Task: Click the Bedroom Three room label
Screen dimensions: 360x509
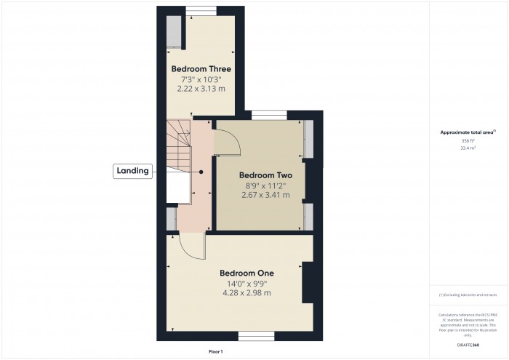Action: [201, 69]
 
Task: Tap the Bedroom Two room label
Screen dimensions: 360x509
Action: [265, 175]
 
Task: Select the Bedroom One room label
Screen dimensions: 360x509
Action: [247, 273]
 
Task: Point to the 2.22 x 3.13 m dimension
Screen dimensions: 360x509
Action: [201, 88]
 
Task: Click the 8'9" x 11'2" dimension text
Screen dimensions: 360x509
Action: [265, 185]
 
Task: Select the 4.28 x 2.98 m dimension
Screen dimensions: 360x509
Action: [247, 293]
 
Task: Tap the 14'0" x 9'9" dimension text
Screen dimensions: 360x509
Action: [247, 284]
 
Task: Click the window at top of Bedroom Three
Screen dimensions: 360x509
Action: [201, 9]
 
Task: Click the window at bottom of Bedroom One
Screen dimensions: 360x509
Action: [257, 336]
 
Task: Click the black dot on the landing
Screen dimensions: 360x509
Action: [201, 172]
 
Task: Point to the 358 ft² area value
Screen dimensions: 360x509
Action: [468, 140]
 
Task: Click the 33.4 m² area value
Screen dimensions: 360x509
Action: [468, 148]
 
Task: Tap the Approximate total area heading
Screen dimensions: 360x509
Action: [468, 132]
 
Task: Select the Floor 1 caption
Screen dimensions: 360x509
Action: [216, 352]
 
